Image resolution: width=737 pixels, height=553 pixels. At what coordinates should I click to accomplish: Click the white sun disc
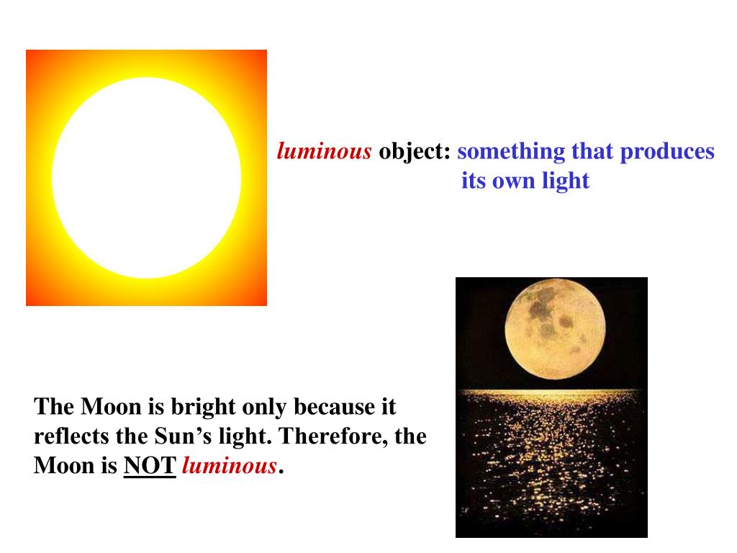coord(146,178)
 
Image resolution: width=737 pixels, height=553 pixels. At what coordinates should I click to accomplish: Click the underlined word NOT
coord(150,467)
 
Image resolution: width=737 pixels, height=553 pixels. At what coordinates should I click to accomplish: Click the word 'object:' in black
coord(415,152)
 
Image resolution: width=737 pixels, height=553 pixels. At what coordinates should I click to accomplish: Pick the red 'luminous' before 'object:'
coord(325,152)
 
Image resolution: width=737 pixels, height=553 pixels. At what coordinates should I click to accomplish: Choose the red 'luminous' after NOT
coord(229,467)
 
